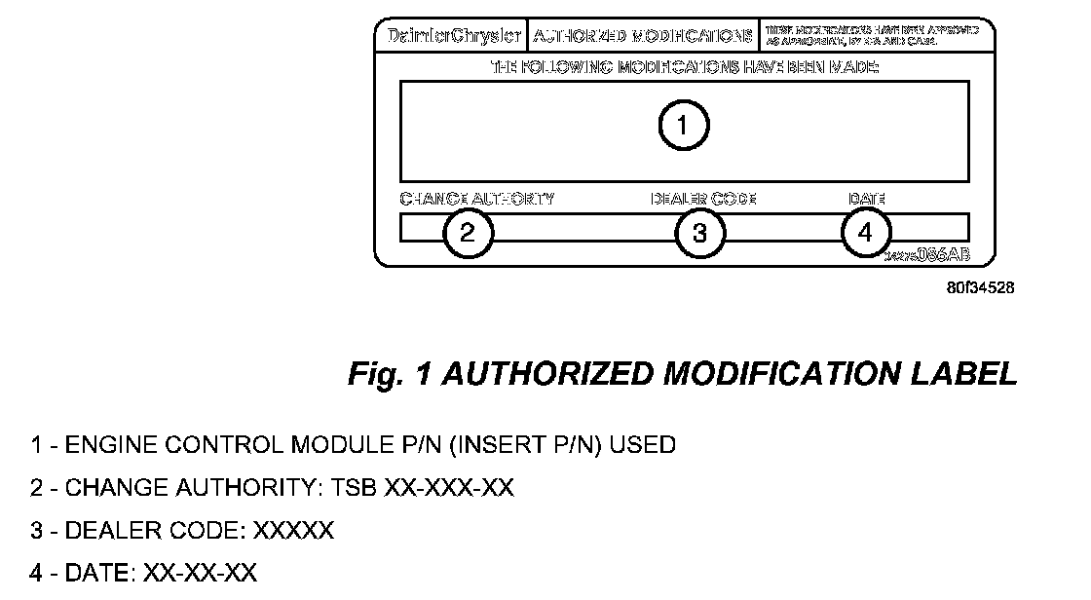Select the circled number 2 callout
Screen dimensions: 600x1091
[468, 233]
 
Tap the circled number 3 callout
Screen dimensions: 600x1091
[699, 233]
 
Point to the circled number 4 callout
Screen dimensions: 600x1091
[865, 233]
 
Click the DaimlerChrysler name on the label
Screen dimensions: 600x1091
[449, 36]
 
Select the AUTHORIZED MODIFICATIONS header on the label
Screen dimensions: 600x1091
[643, 36]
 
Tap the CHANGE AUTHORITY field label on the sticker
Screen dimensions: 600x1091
[477, 199]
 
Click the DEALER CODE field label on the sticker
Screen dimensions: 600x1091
[703, 199]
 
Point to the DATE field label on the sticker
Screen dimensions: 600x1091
[866, 199]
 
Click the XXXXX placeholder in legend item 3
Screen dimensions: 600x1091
[293, 531]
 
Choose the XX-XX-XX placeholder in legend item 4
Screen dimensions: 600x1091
[200, 573]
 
